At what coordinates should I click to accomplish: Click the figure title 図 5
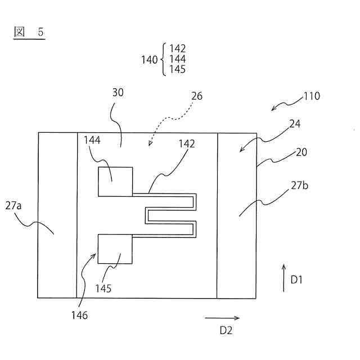(x=29, y=32)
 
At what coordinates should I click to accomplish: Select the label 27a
(x=13, y=206)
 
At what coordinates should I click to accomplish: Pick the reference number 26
(x=196, y=96)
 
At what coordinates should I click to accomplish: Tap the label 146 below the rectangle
(x=79, y=316)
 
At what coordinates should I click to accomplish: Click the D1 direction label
(x=296, y=280)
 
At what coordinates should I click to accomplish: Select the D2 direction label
(x=226, y=330)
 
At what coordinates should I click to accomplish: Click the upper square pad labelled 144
(x=115, y=182)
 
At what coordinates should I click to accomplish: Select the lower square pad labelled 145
(x=115, y=249)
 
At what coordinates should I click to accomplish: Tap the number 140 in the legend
(x=150, y=60)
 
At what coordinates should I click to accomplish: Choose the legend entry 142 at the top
(x=177, y=49)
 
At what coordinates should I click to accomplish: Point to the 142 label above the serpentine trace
(x=187, y=143)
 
